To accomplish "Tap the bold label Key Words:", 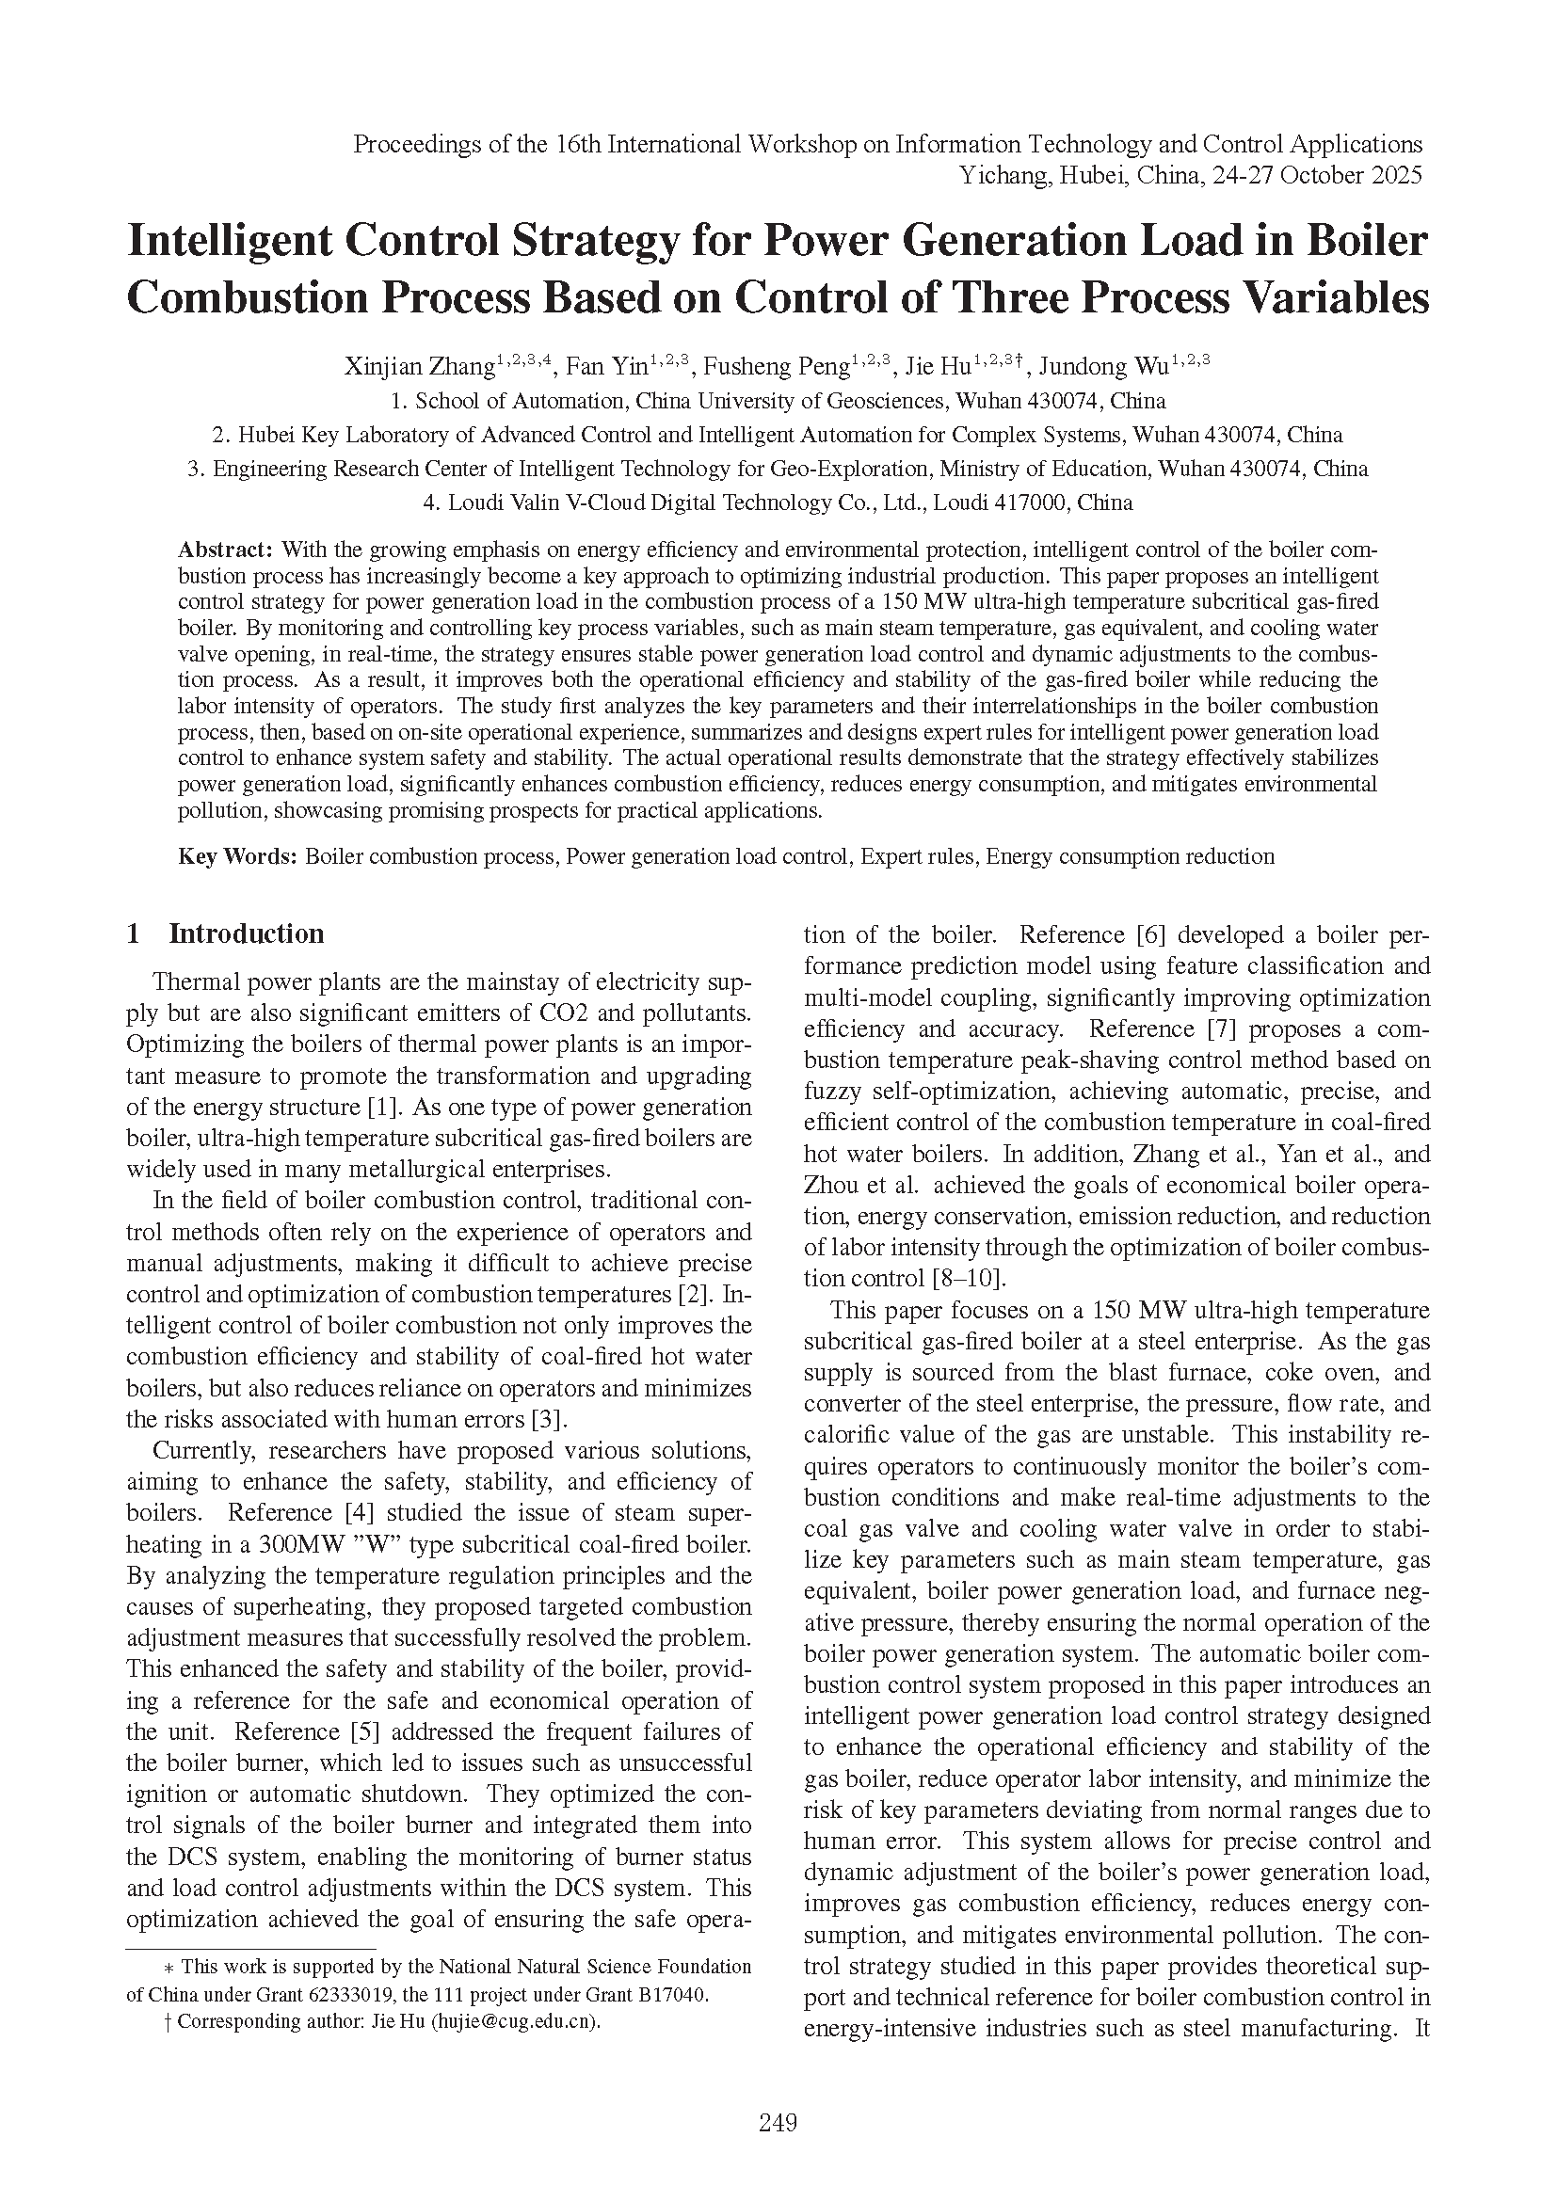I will tap(238, 856).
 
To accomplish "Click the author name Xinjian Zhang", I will tap(419, 367).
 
